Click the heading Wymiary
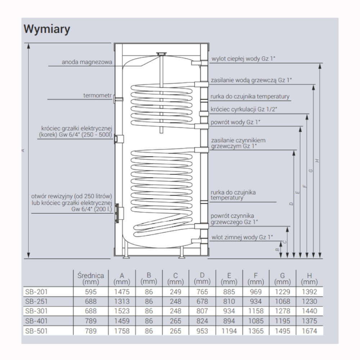pyautogui.click(x=47, y=29)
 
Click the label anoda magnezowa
pyautogui.click(x=87, y=62)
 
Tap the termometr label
pyautogui.click(x=98, y=95)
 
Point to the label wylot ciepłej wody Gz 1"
pyautogui.click(x=243, y=59)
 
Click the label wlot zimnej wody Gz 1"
pyautogui.click(x=242, y=237)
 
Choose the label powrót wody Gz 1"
pyautogui.click(x=235, y=122)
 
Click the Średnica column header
pyautogui.click(x=91, y=278)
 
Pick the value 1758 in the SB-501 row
pyautogui.click(x=122, y=331)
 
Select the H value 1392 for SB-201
pyautogui.click(x=309, y=292)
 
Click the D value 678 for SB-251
pyautogui.click(x=203, y=301)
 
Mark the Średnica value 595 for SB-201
pyautogui.click(x=91, y=292)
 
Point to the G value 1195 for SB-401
pyautogui.click(x=282, y=321)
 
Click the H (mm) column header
pyautogui.click(x=309, y=278)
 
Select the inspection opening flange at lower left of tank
pyautogui.click(x=119, y=215)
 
